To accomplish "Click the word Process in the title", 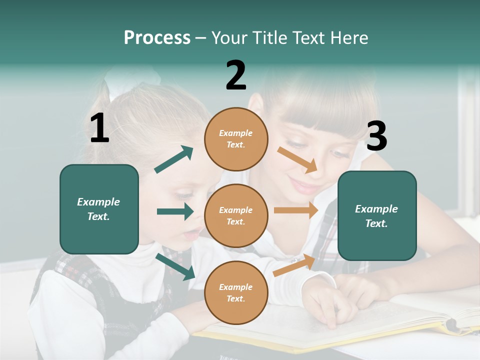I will click(157, 38).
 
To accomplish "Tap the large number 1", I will click(99, 128).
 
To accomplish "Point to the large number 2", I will click(236, 75).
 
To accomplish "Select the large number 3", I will click(376, 136).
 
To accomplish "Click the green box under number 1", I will click(99, 209).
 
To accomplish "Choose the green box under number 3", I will click(377, 215).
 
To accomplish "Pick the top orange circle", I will click(236, 139).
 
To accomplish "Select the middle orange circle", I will click(236, 215).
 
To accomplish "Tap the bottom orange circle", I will click(236, 292).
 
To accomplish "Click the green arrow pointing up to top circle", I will click(174, 159).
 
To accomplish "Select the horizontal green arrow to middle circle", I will click(175, 211).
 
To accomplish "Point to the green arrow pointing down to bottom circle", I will click(175, 266).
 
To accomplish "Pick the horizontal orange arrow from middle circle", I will click(296, 210).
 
